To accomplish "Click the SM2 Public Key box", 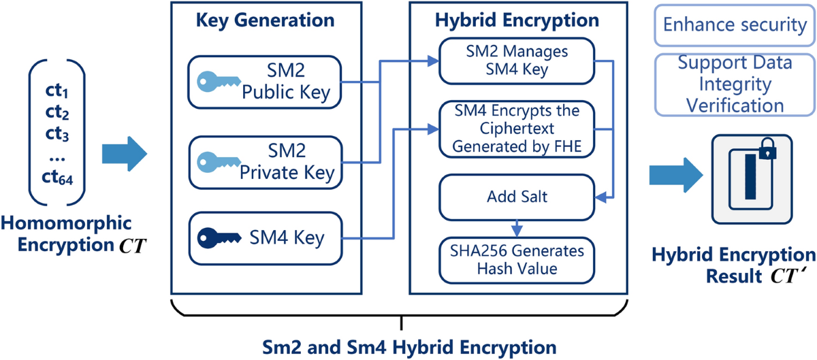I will click(265, 82).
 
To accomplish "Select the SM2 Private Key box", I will click(265, 163).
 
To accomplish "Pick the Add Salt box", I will click(517, 197).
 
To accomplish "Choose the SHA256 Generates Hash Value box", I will click(517, 259).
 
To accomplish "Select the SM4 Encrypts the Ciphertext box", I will click(517, 129).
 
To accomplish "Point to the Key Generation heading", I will click(265, 20).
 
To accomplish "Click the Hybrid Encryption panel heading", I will click(517, 20).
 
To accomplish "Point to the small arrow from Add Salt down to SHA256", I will click(517, 226).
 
